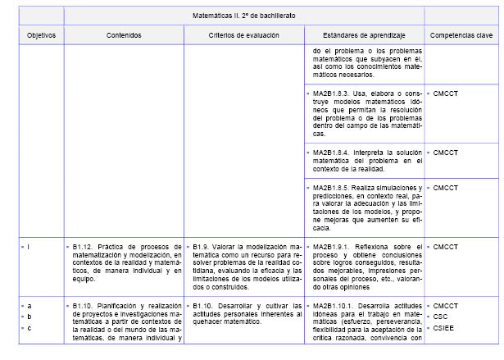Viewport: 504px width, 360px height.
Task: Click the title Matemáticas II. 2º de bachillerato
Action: [x=243, y=16]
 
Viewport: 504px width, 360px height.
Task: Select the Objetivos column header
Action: [x=34, y=36]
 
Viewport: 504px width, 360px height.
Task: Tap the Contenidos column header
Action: [x=124, y=36]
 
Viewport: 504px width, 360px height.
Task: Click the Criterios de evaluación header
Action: [x=243, y=36]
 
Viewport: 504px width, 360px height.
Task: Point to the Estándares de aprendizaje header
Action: [x=363, y=36]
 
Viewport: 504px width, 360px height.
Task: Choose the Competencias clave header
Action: [x=460, y=36]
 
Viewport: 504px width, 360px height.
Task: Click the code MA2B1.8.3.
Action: [x=333, y=93]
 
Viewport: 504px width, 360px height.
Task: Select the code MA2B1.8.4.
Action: [x=333, y=152]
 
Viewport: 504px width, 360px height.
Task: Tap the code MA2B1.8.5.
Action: [x=333, y=188]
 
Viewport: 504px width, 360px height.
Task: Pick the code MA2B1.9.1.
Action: [x=333, y=246]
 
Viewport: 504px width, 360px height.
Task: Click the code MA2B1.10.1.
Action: [x=335, y=306]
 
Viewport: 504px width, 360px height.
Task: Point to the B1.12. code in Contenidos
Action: [x=83, y=246]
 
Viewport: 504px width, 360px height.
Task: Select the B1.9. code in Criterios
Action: [x=204, y=246]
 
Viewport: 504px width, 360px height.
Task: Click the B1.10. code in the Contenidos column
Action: [x=83, y=306]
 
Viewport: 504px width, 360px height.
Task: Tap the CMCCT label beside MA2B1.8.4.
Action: [x=445, y=152]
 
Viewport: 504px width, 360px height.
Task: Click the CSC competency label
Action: [x=440, y=317]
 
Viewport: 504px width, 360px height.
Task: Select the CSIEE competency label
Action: [x=443, y=328]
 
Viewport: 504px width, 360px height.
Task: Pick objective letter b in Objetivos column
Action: [x=30, y=317]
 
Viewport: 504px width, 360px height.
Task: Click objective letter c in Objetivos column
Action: [x=30, y=328]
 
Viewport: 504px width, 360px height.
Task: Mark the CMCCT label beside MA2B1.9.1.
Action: [x=445, y=246]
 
